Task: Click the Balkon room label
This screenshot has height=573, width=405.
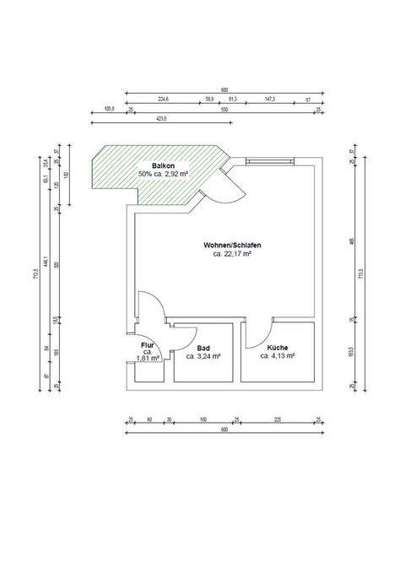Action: point(164,165)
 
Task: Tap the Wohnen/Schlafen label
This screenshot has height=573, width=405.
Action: point(232,245)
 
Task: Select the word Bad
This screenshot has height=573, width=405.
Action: point(203,348)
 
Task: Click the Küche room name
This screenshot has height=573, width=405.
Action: point(278,348)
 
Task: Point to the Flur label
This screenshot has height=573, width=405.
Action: point(147,346)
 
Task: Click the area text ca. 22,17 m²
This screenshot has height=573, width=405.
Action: point(232,253)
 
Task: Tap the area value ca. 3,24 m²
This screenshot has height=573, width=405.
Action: point(203,357)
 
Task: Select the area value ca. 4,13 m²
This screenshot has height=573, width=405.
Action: point(278,357)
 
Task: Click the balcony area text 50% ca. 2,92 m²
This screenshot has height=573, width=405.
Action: point(163,174)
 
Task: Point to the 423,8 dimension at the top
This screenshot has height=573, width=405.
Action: point(160,119)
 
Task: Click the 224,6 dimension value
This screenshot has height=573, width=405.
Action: point(164,99)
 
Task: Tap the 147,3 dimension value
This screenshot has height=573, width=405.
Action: point(271,99)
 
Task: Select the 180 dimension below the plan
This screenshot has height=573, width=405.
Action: point(203,419)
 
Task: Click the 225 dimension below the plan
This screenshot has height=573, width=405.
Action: point(278,419)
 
